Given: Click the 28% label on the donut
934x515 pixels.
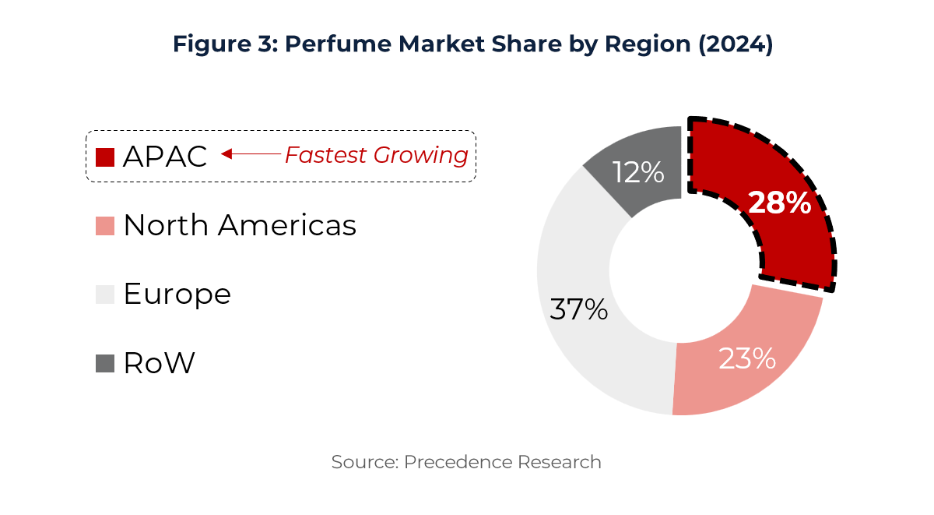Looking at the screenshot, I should pos(779,203).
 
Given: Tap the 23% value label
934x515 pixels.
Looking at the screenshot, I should pos(746,358).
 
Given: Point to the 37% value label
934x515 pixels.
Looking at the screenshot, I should pos(578,309).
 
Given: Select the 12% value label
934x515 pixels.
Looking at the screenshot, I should pos(637,172).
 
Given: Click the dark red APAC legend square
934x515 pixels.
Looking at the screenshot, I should pos(105,157).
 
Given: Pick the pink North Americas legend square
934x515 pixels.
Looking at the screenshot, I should pos(105,226).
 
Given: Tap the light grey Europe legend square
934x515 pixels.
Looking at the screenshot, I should pos(105,295).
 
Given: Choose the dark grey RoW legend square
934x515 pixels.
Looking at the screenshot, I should pos(105,363).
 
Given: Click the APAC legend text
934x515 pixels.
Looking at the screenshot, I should pos(165,157).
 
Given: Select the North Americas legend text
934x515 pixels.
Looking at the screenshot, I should pos(240,226).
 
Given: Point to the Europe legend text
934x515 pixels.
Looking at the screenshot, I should pos(177,295).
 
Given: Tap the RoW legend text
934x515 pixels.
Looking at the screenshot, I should pos(159,363).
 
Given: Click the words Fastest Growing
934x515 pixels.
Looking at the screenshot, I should pos(376,156).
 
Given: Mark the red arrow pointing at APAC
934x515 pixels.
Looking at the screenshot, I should pos(251,154).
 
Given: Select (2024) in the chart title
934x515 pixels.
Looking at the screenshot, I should pos(736,44).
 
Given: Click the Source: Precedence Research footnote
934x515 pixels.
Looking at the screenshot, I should pos(466,462).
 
